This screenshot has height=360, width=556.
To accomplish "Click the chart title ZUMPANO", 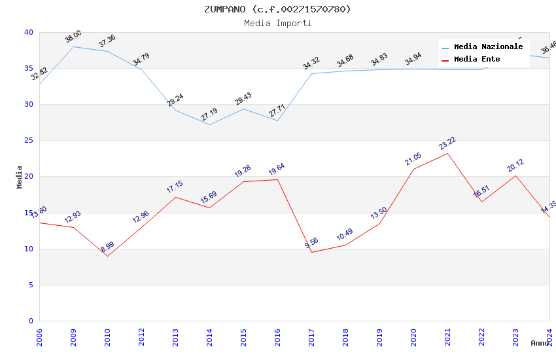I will (x=277, y=9).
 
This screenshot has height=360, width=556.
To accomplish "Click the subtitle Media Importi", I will (x=277, y=23).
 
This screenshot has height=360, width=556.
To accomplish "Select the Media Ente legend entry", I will (x=477, y=60).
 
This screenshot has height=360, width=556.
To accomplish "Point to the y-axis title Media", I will (x=20, y=177).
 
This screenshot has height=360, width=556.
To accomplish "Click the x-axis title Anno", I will (x=540, y=343).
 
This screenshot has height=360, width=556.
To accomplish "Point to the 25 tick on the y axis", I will (x=28, y=141).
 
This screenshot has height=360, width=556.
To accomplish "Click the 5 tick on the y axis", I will (x=31, y=285).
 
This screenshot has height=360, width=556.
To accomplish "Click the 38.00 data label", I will (x=73, y=36).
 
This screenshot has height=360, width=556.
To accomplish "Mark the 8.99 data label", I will (x=107, y=247).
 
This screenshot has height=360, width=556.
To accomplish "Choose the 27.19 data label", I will (x=209, y=115).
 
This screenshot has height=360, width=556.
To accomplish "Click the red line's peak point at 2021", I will (x=447, y=153).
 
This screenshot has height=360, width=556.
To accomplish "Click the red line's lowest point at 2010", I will (x=107, y=256).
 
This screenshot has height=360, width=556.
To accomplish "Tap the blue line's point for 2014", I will (x=209, y=124).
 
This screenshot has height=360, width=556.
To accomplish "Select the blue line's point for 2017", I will (x=311, y=73).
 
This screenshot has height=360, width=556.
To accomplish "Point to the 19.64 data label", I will (x=277, y=170).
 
